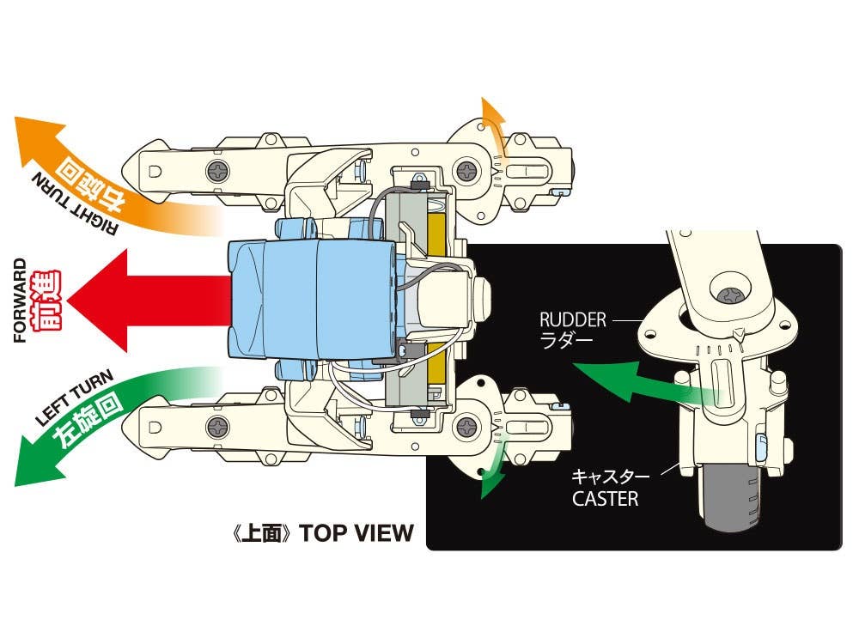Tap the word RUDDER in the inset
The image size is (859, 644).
(573, 320)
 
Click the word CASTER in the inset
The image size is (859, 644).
(606, 498)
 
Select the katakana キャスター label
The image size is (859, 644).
(606, 474)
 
